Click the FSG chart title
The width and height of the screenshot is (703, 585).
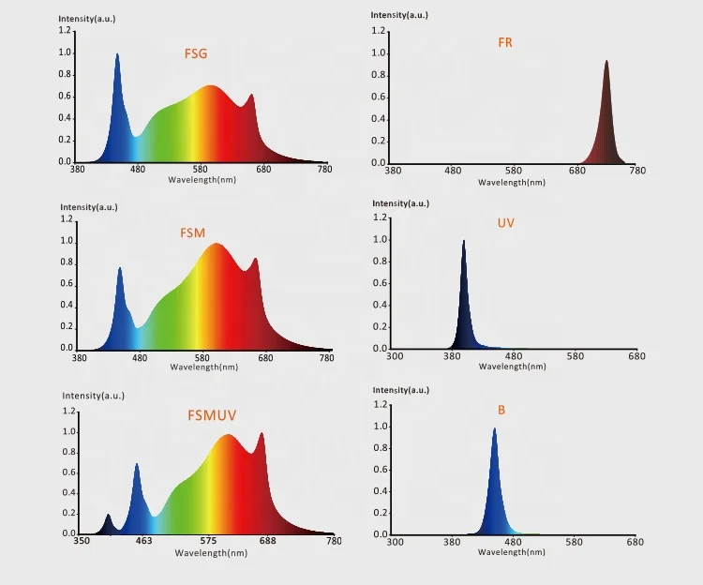[195, 53]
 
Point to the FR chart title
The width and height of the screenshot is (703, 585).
[505, 43]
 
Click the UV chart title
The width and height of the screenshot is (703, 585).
[505, 223]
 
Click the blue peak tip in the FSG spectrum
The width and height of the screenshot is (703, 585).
[117, 54]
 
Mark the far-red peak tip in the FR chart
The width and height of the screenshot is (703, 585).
[606, 62]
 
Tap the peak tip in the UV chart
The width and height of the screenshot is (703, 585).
[463, 241]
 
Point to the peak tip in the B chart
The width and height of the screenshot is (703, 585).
[494, 429]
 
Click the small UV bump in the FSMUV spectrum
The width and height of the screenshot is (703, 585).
[108, 515]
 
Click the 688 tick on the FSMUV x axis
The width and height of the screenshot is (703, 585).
[267, 542]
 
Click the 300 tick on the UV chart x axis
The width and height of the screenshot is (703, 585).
[395, 356]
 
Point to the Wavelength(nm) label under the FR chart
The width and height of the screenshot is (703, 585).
[510, 182]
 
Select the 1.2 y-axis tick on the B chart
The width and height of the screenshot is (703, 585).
[381, 405]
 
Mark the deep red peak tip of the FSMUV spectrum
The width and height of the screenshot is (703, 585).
[262, 433]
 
